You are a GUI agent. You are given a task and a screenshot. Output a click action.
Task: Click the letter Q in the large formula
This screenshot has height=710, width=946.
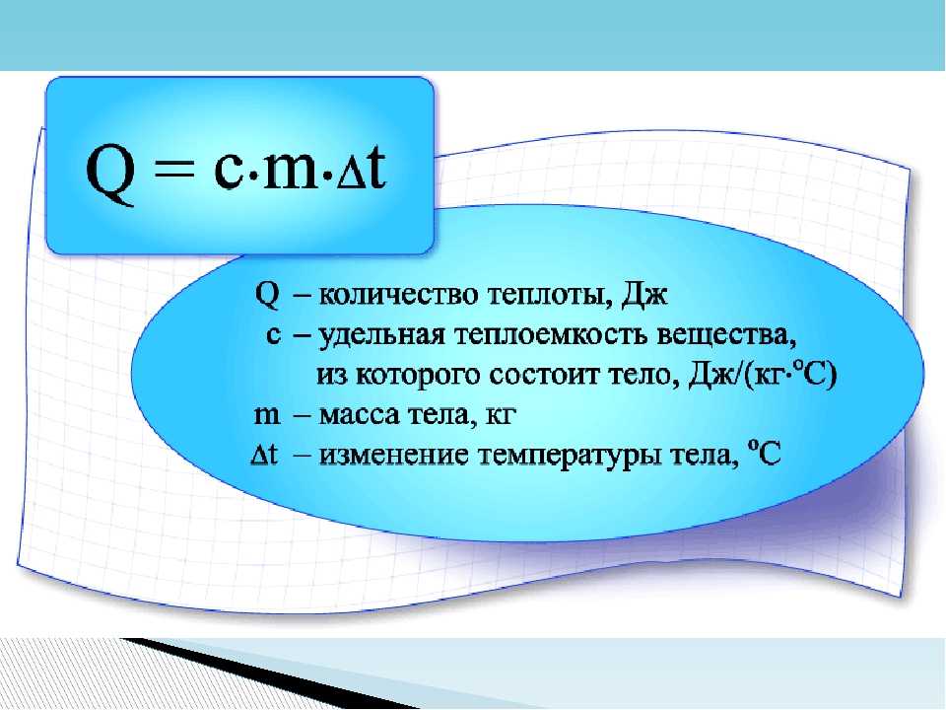tap(110, 176)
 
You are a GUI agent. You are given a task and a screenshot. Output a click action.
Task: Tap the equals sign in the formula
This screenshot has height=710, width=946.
tap(175, 170)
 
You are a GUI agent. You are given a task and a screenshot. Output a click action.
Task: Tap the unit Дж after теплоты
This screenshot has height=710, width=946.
tap(643, 295)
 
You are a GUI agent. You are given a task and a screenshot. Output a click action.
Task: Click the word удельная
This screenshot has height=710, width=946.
tap(380, 335)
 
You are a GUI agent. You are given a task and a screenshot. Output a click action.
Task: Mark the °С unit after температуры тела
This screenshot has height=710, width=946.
tap(764, 453)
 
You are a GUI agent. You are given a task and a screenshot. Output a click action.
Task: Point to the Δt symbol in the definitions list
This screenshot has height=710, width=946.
tap(264, 454)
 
